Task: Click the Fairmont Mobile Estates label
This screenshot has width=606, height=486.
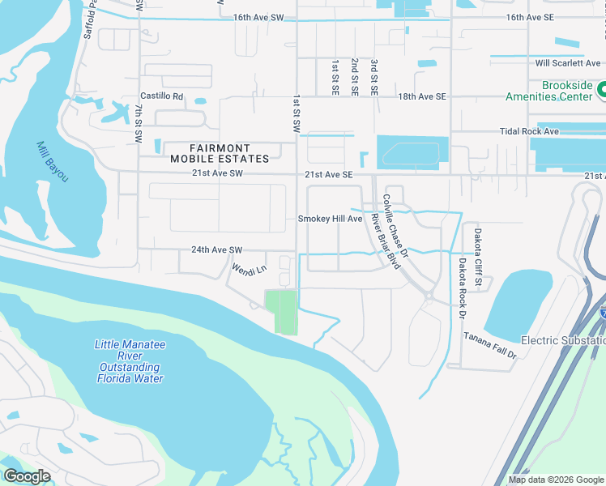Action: pyautogui.click(x=219, y=153)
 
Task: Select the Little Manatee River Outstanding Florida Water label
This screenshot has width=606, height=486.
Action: pyautogui.click(x=130, y=361)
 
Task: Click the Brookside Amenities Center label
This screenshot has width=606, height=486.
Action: pyautogui.click(x=548, y=91)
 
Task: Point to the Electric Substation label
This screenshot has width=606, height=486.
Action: pyautogui.click(x=563, y=340)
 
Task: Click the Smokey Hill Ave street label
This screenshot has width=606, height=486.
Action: pyautogui.click(x=330, y=219)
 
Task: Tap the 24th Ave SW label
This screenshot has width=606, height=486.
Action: pyautogui.click(x=217, y=249)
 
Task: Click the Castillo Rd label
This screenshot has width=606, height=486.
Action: pyautogui.click(x=162, y=96)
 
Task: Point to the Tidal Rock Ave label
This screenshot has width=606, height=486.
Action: pyautogui.click(x=530, y=131)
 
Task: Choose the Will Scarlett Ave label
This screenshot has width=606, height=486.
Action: pyautogui.click(x=567, y=62)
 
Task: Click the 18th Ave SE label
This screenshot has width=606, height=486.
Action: pyautogui.click(x=422, y=96)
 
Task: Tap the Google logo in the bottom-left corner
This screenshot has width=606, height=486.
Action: pyautogui.click(x=27, y=476)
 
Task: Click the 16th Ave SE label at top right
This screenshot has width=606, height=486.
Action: pyautogui.click(x=530, y=17)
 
